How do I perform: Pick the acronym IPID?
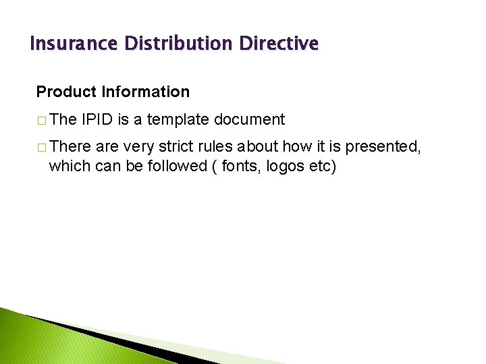click(97, 120)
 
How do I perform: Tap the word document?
click(249, 120)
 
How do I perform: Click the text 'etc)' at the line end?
click(322, 165)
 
